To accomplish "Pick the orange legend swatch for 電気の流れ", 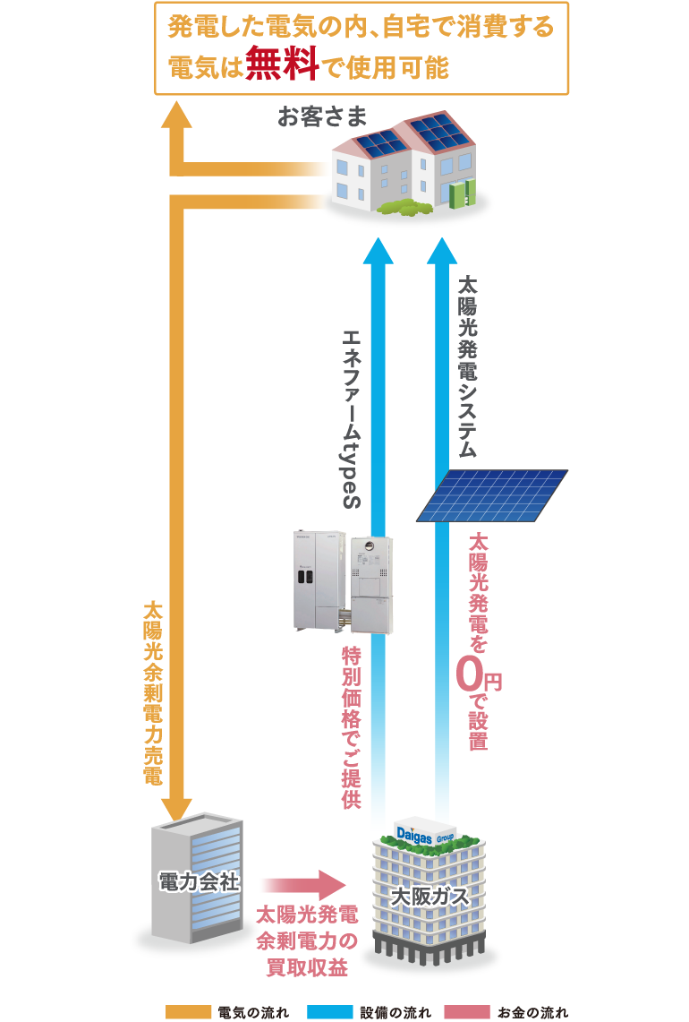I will pyautogui.click(x=188, y=1011).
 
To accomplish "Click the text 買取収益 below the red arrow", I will pyautogui.click(x=301, y=967).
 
